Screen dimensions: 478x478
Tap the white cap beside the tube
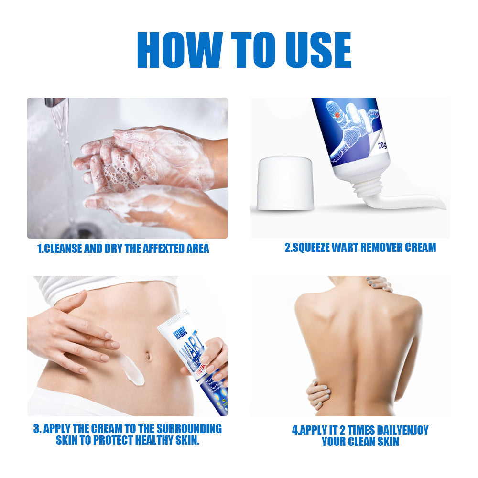[285, 185]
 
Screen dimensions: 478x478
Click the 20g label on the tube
[382, 145]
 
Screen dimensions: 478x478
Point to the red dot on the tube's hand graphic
[337, 115]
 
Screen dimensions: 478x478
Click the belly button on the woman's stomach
[148, 356]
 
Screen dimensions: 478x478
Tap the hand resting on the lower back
[317, 394]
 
